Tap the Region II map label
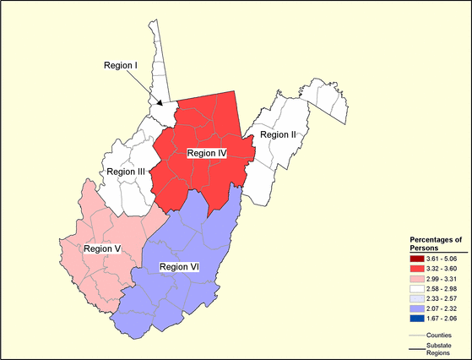[x=277, y=135]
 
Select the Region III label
[x=124, y=172]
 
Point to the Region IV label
[x=207, y=153]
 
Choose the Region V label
[x=102, y=249]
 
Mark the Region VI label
[x=179, y=267]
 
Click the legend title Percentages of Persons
[x=436, y=243]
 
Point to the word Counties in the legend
[x=439, y=335]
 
